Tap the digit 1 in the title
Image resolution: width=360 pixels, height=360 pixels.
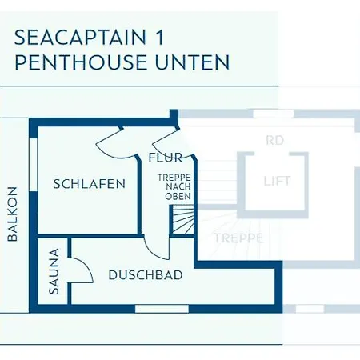point(159,38)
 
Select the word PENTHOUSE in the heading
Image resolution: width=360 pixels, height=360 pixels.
point(81,62)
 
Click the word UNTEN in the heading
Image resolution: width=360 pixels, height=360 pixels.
point(192,62)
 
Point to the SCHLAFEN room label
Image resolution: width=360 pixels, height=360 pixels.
point(90,184)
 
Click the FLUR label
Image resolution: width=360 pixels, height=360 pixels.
point(166,158)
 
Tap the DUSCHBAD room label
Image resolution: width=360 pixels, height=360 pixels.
point(146,275)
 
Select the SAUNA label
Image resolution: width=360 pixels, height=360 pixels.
point(54,271)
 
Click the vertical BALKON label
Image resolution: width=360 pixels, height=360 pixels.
point(12,214)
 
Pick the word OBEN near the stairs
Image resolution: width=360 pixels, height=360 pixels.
point(178,197)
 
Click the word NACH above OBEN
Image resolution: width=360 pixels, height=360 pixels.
point(178,187)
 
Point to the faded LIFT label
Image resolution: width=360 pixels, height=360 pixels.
point(277,182)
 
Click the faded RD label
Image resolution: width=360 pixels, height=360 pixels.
point(274,140)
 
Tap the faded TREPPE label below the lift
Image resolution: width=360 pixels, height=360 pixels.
point(239,238)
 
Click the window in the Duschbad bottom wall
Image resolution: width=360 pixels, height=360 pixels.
point(162,309)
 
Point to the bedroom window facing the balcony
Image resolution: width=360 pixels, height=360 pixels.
point(33,165)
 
